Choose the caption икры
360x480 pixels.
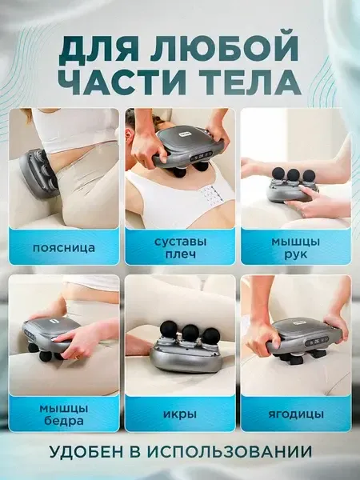[180, 414]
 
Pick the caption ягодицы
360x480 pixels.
[295, 414]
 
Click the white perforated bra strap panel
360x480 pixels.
[210, 195]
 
